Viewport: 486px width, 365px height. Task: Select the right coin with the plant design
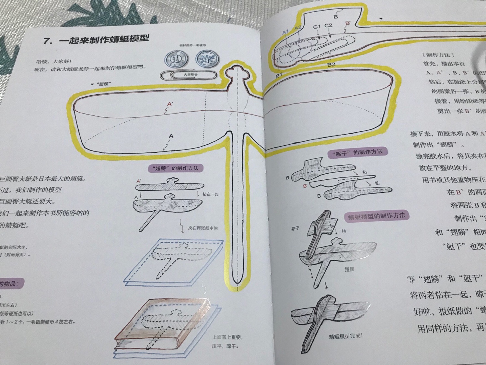point(207,59)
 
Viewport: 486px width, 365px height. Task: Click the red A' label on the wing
point(170,104)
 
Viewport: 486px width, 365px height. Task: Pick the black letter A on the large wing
point(171,136)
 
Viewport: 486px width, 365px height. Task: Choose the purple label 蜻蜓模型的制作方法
point(377,216)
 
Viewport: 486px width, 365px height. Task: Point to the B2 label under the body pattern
point(331,65)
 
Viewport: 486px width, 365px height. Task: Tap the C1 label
point(317,27)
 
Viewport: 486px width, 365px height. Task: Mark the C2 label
point(328,25)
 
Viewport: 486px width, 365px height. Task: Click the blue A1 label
point(285,32)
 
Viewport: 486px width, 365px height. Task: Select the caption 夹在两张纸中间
point(203,228)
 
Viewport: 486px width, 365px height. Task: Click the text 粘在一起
point(210,194)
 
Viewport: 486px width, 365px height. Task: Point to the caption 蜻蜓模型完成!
point(346,336)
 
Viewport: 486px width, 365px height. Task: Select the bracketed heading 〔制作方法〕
point(439,55)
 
